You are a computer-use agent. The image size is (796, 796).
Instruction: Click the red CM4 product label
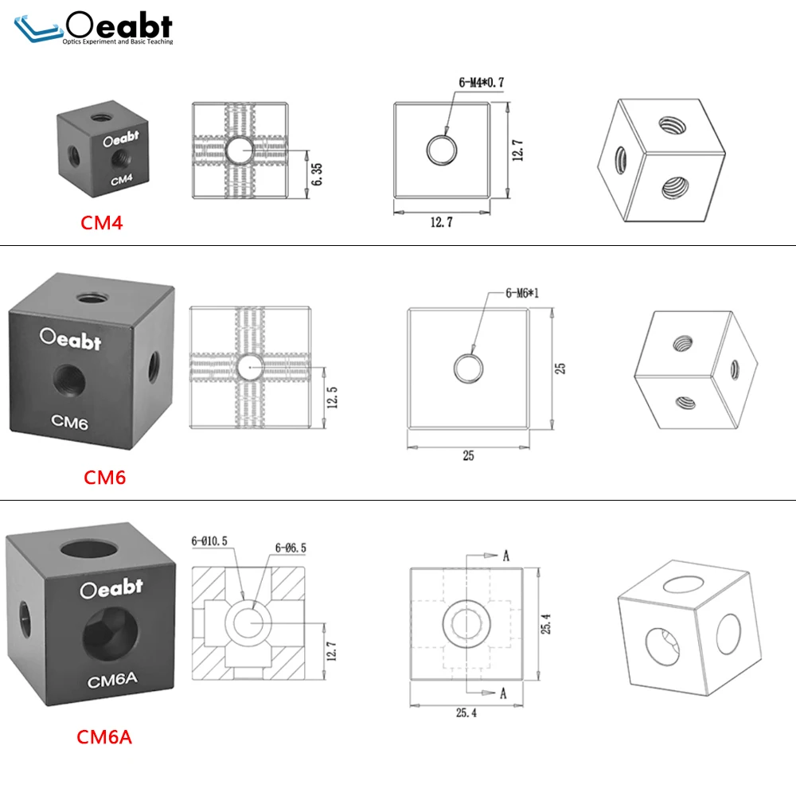click(102, 223)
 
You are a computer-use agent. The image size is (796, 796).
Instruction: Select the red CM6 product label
click(104, 477)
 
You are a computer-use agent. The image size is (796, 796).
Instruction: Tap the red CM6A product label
click(104, 737)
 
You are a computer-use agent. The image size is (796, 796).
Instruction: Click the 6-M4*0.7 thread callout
click(482, 82)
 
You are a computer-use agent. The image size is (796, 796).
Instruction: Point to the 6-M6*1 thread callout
click(522, 293)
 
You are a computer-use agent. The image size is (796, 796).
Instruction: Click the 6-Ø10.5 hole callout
click(209, 541)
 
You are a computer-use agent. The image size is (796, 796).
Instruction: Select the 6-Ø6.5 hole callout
click(291, 548)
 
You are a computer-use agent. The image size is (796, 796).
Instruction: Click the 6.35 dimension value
click(316, 174)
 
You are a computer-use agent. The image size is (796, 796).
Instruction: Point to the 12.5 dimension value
click(332, 397)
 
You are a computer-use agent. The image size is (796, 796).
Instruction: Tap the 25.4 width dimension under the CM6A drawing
click(466, 712)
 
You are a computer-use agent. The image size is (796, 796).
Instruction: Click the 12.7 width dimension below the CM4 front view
click(441, 222)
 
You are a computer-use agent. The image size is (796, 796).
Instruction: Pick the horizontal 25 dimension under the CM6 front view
click(468, 455)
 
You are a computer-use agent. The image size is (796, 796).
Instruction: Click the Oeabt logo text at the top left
click(119, 25)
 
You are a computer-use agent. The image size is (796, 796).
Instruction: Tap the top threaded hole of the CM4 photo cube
click(103, 118)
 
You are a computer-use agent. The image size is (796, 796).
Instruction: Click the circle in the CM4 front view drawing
click(441, 150)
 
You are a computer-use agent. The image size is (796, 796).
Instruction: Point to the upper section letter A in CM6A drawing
click(506, 556)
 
